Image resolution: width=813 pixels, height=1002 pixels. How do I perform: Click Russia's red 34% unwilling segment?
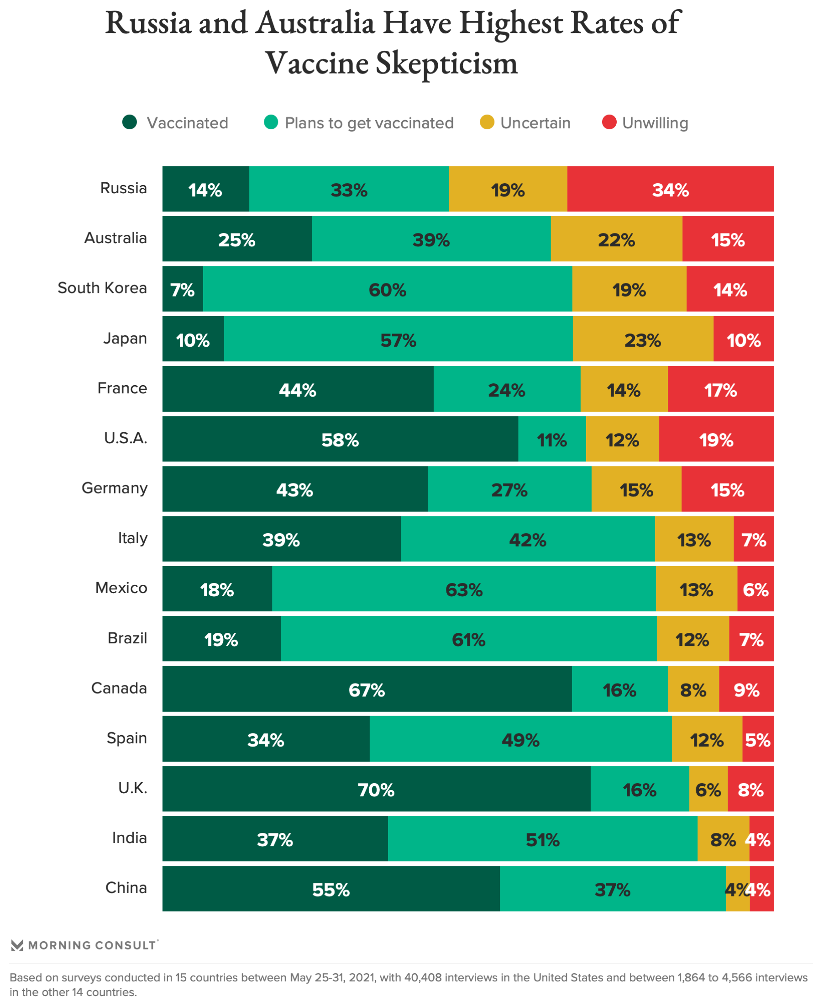670,189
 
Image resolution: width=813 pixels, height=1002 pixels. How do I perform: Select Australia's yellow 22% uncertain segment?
616,239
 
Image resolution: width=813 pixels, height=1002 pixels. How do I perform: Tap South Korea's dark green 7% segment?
183,289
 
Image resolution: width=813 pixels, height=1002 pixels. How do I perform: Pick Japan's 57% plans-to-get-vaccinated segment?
398,339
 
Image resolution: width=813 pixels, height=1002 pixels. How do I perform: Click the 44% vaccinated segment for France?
297,389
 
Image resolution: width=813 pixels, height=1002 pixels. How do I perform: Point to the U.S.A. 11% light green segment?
552,439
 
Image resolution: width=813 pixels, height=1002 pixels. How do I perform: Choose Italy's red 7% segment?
754,539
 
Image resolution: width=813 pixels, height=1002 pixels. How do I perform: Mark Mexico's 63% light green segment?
464,588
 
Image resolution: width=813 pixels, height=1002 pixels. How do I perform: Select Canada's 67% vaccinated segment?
367,689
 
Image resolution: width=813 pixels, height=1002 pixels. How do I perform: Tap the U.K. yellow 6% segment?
708,789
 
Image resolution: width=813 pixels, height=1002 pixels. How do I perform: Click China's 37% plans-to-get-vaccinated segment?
613,889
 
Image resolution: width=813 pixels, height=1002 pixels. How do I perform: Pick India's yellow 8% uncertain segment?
723,839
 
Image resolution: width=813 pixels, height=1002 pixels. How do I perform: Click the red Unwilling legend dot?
609,122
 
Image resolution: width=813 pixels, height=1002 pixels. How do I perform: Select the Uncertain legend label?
535,123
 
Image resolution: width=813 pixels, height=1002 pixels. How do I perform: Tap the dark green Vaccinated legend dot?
129,122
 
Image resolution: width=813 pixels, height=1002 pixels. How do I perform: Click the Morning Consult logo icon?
17,945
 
